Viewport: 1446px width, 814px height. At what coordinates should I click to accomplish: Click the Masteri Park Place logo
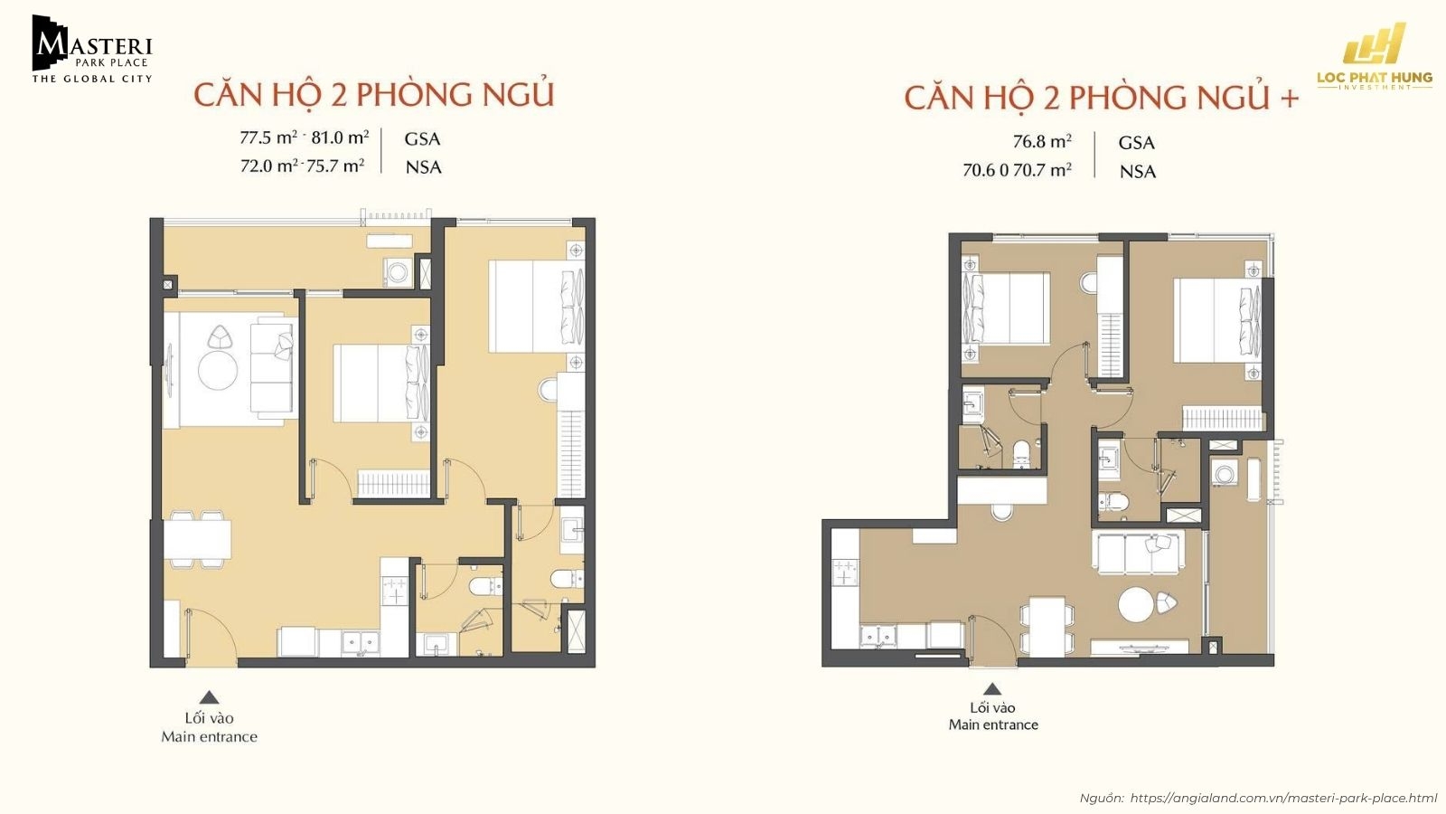(91, 50)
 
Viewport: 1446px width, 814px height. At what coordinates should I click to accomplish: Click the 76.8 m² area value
(1042, 142)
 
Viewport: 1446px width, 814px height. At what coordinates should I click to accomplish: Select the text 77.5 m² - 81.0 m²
(304, 137)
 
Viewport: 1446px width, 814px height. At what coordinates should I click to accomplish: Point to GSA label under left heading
(422, 138)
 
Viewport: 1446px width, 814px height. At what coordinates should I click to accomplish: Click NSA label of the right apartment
(1137, 171)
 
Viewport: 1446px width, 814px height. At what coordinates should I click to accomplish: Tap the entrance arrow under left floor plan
(209, 697)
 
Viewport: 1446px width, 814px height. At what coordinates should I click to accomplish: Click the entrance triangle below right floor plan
(992, 688)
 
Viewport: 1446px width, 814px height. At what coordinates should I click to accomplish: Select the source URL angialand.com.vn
(1282, 798)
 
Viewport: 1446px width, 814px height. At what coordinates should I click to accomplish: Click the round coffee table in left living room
(218, 370)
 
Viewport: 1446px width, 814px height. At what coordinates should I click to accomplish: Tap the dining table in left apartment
(197, 540)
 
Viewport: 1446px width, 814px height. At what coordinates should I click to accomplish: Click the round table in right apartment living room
(1136, 604)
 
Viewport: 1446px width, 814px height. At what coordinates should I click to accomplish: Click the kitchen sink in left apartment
(362, 642)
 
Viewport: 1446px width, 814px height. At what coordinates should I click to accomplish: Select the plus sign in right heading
(1289, 99)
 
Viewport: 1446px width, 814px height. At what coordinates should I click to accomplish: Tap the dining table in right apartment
(1047, 625)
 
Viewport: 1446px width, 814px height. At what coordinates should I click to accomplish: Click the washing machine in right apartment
(1225, 475)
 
